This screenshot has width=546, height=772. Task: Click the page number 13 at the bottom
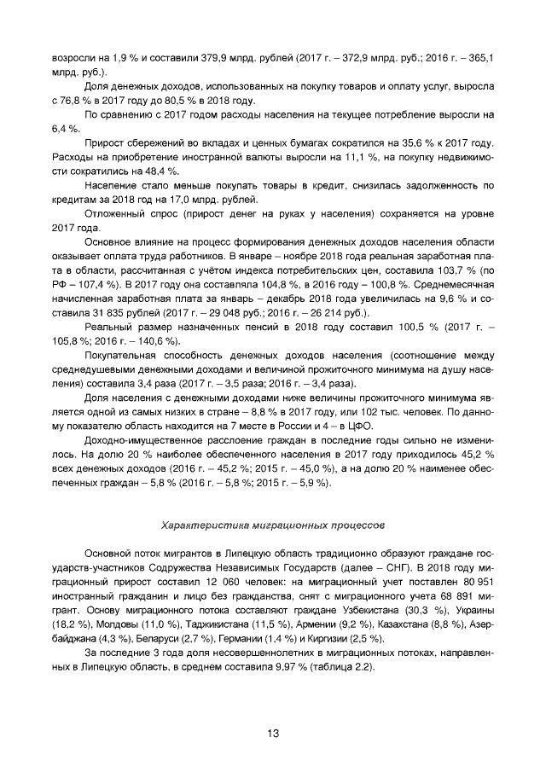pos(273,733)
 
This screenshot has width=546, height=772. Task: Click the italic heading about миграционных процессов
pos(273,517)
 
